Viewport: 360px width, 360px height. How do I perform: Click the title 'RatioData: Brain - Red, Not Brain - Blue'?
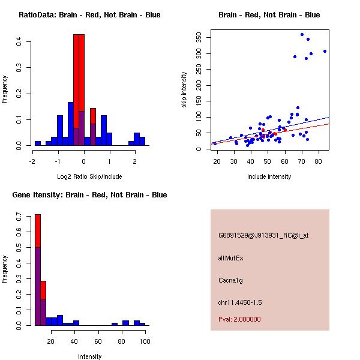point(89,15)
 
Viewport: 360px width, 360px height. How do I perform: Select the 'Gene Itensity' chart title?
point(89,195)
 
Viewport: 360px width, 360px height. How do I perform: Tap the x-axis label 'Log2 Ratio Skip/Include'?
point(89,176)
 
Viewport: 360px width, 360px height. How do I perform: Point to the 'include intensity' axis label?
point(269,176)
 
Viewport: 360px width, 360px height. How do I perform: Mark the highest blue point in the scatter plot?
point(302,35)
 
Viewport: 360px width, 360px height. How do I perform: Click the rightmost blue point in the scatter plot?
point(325,52)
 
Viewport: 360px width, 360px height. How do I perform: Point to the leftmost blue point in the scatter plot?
point(215,143)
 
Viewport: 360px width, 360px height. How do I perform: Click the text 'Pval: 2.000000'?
point(239,319)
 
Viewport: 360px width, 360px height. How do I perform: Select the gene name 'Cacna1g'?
point(230,280)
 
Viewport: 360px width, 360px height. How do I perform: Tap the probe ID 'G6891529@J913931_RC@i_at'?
point(263,236)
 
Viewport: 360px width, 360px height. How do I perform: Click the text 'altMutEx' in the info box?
point(231,258)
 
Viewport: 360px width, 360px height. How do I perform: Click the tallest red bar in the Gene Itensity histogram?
point(38,230)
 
